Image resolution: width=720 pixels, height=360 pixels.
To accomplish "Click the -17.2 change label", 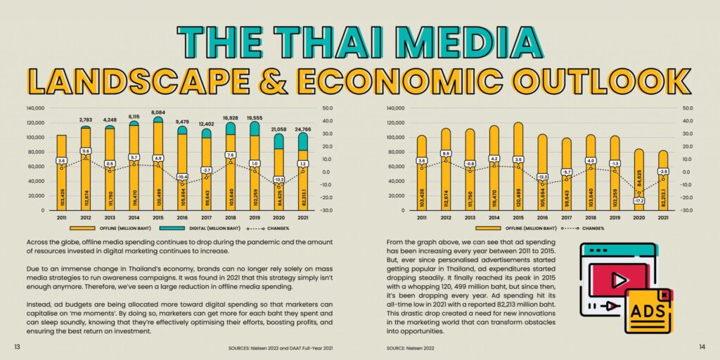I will tap(639, 200).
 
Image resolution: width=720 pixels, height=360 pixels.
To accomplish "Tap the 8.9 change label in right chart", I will tap(445, 153).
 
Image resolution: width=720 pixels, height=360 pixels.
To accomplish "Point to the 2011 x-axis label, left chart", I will tap(62, 217).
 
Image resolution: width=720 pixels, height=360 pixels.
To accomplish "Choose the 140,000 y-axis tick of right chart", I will tap(396, 108).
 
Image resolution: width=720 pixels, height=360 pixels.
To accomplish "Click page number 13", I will tap(16, 347).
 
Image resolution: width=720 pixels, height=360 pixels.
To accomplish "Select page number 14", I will tap(702, 347).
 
